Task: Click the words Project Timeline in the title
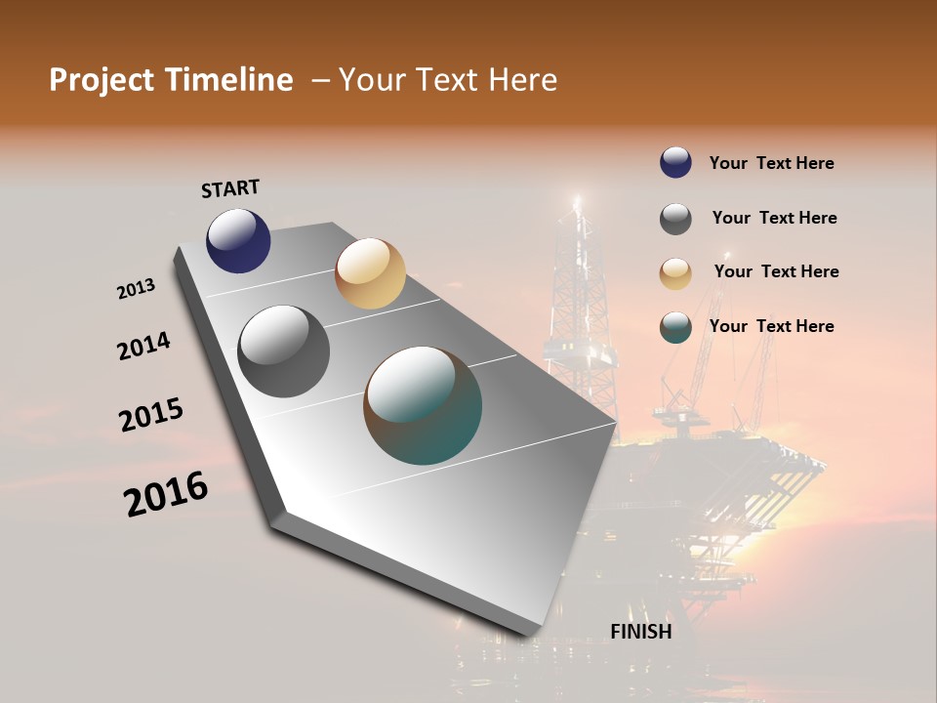(x=171, y=80)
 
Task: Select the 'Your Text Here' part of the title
(x=447, y=80)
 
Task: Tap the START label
(x=230, y=188)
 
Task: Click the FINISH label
(x=640, y=632)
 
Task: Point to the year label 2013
(x=136, y=289)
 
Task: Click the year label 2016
(x=166, y=494)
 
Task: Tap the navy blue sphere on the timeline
(x=238, y=240)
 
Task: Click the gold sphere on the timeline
(x=370, y=273)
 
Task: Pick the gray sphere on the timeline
(x=284, y=351)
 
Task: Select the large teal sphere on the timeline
(x=423, y=405)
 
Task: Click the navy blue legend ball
(x=675, y=163)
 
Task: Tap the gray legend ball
(x=675, y=219)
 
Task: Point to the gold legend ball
(x=675, y=273)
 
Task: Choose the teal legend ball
(x=675, y=327)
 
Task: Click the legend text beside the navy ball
(x=771, y=163)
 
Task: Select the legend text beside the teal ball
(x=771, y=326)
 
